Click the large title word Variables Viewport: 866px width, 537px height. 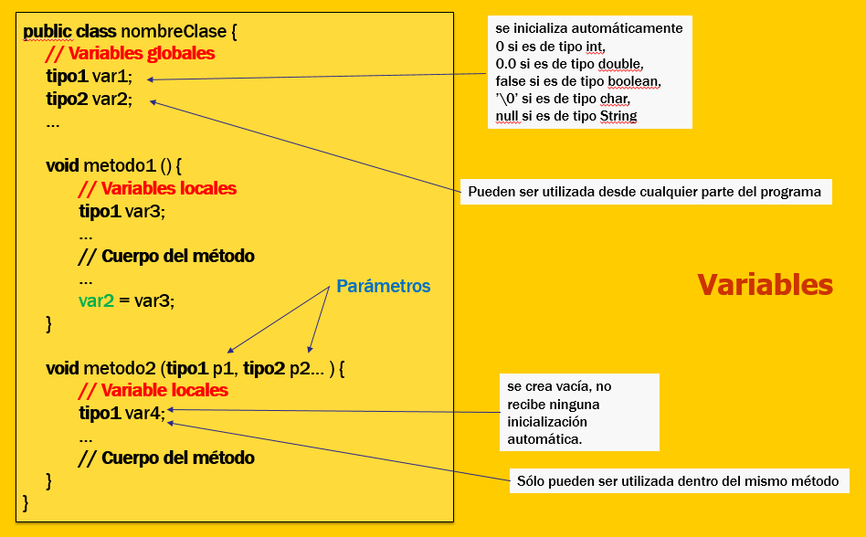pyautogui.click(x=765, y=285)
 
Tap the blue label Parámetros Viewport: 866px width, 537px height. pyautogui.click(x=383, y=286)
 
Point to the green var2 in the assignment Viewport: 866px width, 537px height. pyautogui.click(x=96, y=300)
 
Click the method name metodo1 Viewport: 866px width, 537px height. pyautogui.click(x=119, y=166)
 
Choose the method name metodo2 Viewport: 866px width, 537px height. pyautogui.click(x=119, y=369)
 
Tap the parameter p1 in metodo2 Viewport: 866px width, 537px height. pyautogui.click(x=223, y=369)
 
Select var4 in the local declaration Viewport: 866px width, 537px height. pyautogui.click(x=145, y=414)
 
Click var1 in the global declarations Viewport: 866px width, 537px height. pyautogui.click(x=112, y=77)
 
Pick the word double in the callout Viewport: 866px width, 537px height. pyautogui.click(x=620, y=63)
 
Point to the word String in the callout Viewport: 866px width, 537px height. pyautogui.click(x=618, y=116)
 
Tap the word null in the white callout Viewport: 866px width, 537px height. pyautogui.click(x=508, y=116)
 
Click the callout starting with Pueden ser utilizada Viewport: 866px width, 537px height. pyautogui.click(x=645, y=192)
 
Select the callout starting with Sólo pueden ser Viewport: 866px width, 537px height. pyautogui.click(x=677, y=480)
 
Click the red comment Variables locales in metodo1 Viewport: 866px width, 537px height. pyautogui.click(x=157, y=189)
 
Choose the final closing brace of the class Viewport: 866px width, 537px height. pyautogui.click(x=26, y=501)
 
